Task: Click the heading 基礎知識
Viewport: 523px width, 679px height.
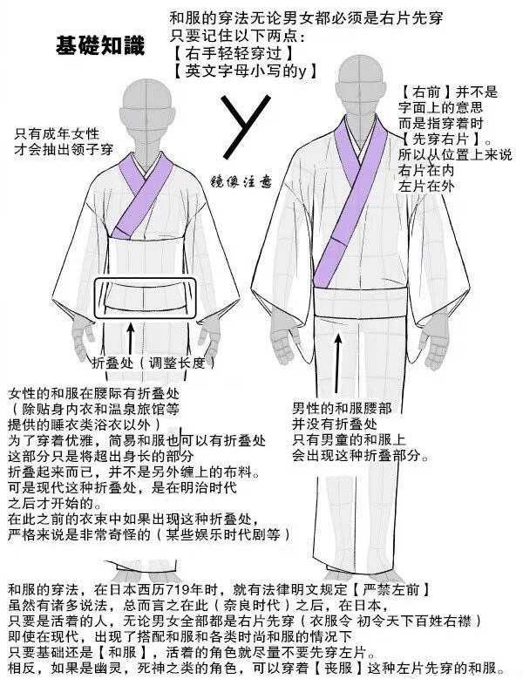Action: [x=99, y=44]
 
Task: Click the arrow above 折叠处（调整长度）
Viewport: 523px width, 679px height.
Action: [x=132, y=335]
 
